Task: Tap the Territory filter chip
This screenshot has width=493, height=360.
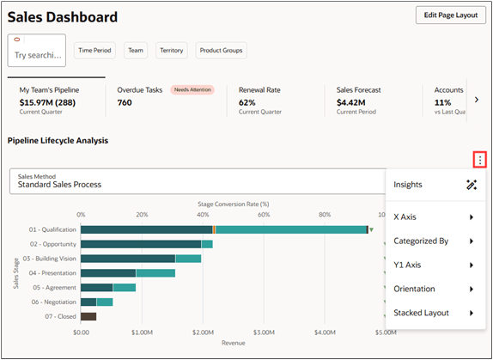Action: pos(171,51)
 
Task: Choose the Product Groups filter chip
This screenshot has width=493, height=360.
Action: pos(221,51)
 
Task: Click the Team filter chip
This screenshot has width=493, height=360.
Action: pos(136,51)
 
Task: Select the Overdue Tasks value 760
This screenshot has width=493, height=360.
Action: pos(125,102)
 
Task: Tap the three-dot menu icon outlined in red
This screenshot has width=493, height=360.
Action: pos(479,160)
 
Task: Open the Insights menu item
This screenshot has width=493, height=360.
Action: pos(408,185)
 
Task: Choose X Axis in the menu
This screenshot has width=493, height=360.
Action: pos(405,217)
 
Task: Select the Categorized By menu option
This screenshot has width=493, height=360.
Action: pos(421,241)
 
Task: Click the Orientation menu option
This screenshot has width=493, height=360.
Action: pos(414,289)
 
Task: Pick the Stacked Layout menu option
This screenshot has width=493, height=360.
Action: pos(421,313)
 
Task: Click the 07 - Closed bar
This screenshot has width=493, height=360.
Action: pos(88,316)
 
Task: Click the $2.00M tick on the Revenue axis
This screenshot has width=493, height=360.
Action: pos(203,332)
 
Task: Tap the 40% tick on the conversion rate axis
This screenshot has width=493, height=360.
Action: pos(202,215)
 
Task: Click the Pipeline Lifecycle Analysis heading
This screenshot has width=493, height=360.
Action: pos(58,140)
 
